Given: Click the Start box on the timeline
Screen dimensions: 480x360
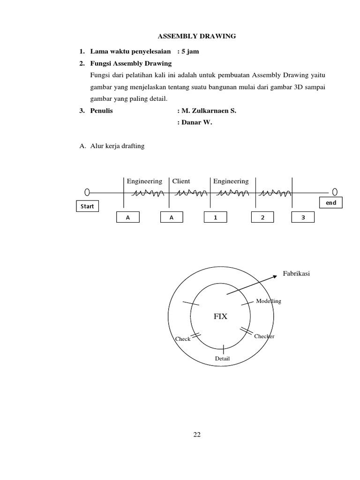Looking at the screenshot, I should [x=88, y=206].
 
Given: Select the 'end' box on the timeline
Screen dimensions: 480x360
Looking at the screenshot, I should [x=331, y=202].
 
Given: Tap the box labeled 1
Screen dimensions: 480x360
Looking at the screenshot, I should [x=215, y=217].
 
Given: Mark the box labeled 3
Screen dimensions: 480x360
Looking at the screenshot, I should [x=303, y=217].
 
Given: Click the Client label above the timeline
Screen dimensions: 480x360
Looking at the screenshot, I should [x=181, y=181].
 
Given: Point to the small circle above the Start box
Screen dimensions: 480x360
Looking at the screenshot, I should [x=87, y=192].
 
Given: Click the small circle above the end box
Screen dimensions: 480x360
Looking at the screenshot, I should [x=335, y=192].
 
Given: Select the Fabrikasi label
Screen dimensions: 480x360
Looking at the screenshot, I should [x=296, y=273].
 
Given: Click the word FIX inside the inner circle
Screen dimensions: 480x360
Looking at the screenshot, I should [x=220, y=316].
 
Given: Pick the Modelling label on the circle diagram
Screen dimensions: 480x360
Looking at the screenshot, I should [x=269, y=301].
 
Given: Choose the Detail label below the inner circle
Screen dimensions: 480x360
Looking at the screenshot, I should [x=222, y=359].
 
